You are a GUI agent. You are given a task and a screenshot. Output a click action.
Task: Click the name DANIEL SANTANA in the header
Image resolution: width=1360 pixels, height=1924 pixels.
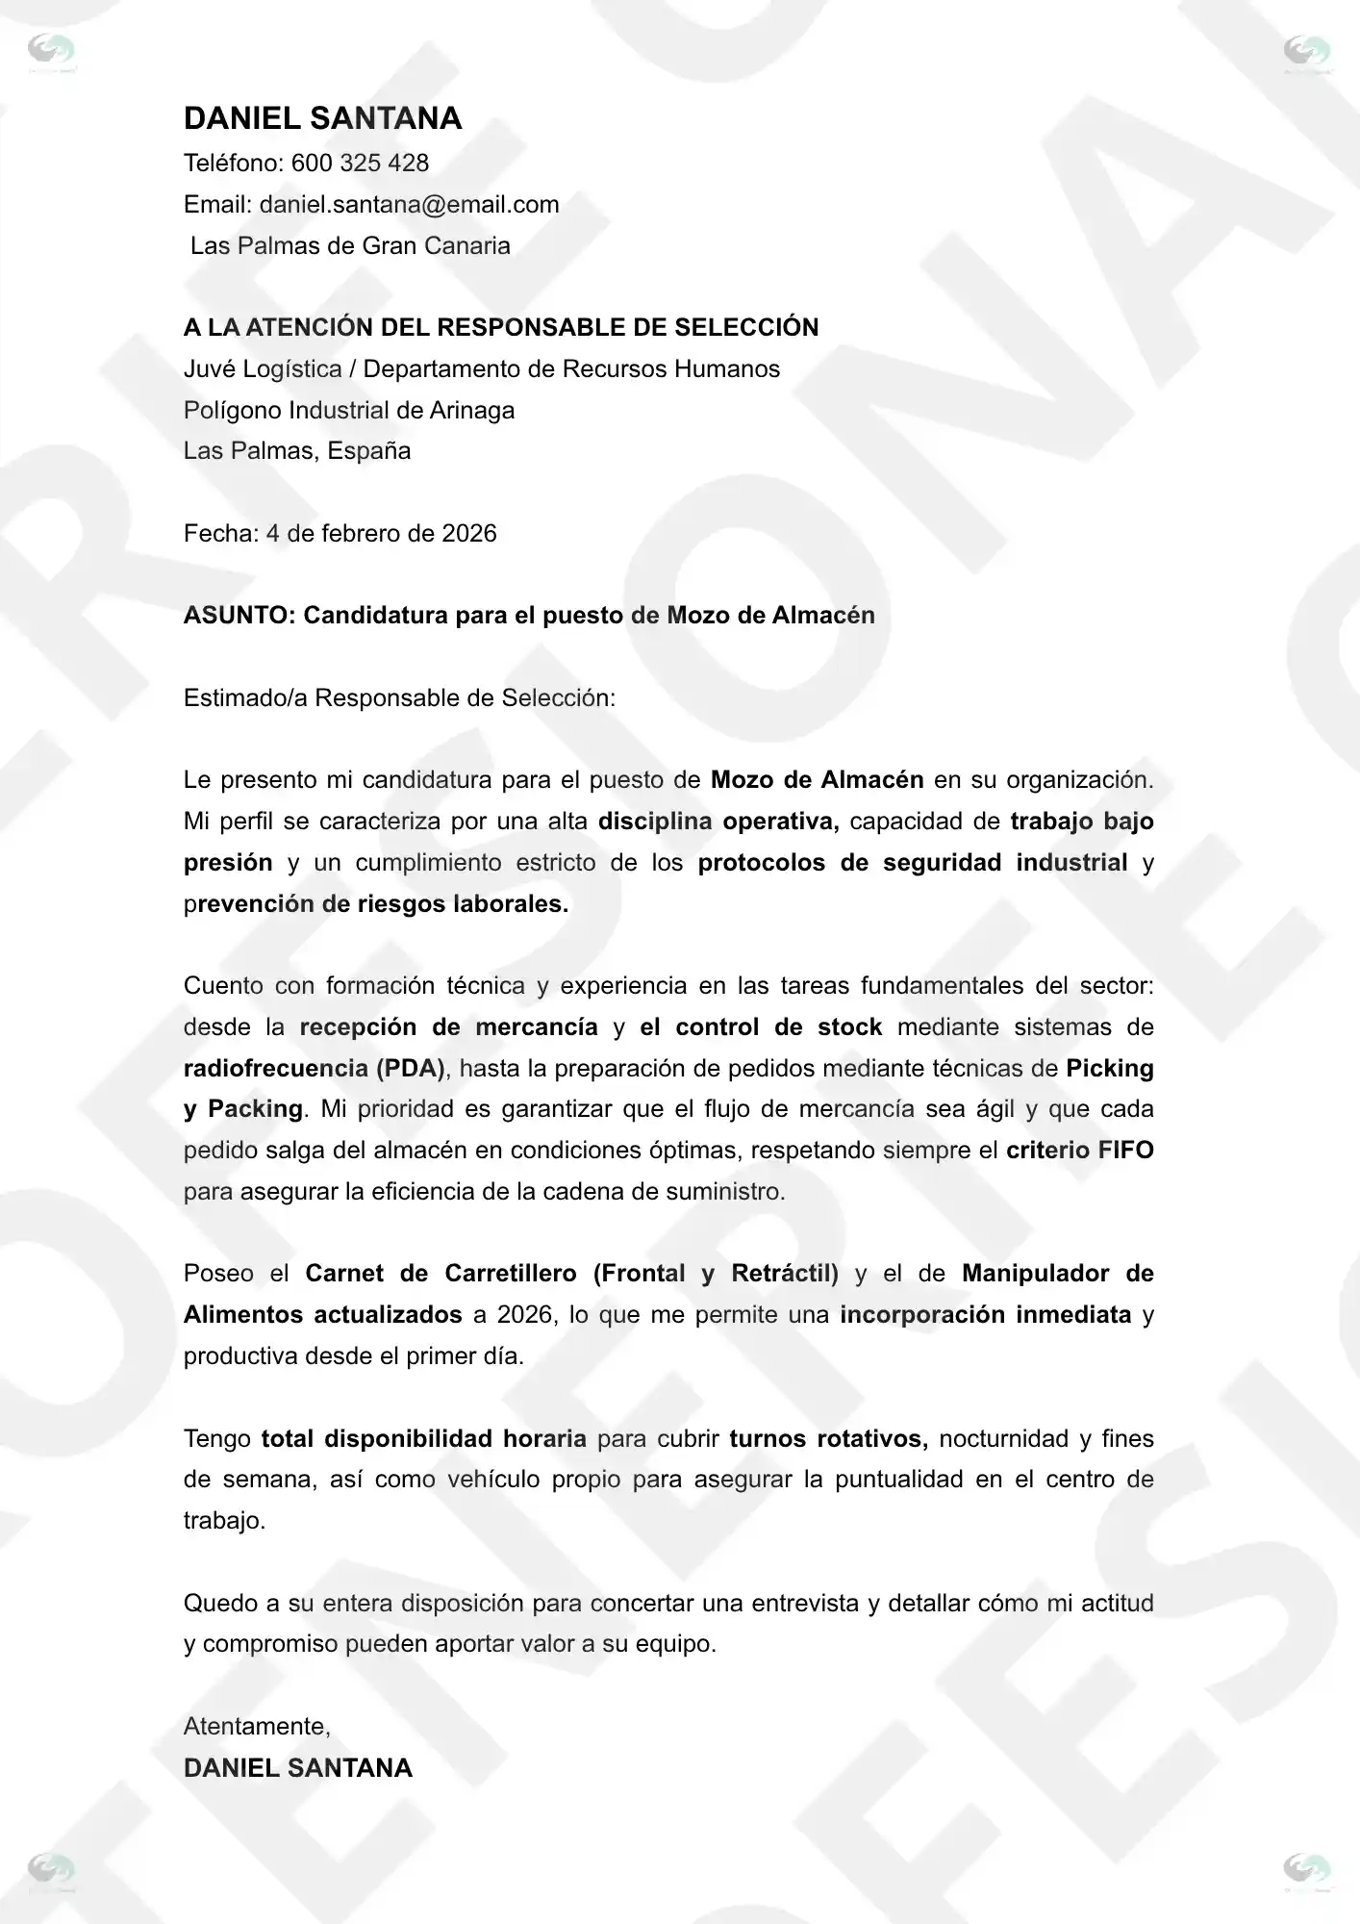(322, 118)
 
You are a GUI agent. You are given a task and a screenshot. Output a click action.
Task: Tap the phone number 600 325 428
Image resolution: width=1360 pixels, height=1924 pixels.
(360, 163)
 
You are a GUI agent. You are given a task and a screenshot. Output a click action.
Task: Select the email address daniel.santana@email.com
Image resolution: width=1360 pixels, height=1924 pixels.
(409, 204)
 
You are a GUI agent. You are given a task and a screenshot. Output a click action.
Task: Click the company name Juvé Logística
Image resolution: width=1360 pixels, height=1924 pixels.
(262, 368)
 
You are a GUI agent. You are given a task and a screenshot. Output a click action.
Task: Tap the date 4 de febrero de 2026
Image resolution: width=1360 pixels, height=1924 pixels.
(381, 533)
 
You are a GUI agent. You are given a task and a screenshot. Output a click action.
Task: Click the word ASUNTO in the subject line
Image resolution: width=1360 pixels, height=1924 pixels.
(238, 615)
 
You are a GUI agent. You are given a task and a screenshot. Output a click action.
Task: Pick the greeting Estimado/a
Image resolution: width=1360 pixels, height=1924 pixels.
(245, 697)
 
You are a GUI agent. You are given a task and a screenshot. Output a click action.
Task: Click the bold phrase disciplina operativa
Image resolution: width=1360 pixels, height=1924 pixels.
(718, 821)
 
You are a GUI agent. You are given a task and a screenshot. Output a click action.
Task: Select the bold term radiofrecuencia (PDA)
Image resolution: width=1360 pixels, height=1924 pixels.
(314, 1068)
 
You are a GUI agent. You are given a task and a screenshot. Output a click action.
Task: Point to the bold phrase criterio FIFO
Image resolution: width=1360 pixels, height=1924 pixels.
(1079, 1150)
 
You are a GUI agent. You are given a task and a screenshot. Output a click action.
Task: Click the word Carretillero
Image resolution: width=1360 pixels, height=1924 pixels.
(510, 1273)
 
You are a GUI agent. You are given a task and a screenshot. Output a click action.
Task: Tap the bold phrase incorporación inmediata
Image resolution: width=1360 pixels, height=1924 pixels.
(985, 1314)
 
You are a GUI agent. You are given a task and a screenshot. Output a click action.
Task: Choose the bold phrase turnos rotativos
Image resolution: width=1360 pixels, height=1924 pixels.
(827, 1438)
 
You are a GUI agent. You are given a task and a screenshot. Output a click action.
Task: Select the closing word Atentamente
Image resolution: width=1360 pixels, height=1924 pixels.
(256, 1726)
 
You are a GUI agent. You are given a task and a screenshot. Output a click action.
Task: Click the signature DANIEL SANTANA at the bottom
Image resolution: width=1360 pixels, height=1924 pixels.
(297, 1767)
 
